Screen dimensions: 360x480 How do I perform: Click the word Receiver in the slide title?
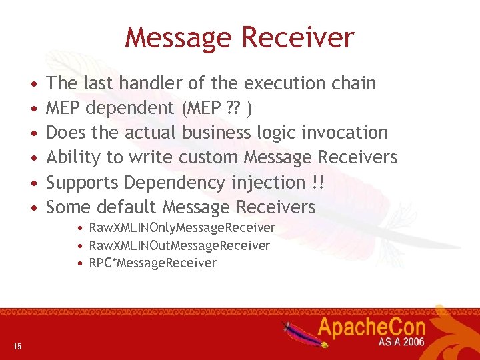tap(301, 37)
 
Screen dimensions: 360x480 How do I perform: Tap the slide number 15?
tap(17, 345)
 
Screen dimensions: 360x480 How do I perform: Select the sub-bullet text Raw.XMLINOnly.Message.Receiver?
tap(181, 228)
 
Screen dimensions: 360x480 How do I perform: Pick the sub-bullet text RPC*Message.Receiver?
tap(153, 263)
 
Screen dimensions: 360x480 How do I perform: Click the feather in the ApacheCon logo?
tap(298, 331)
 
